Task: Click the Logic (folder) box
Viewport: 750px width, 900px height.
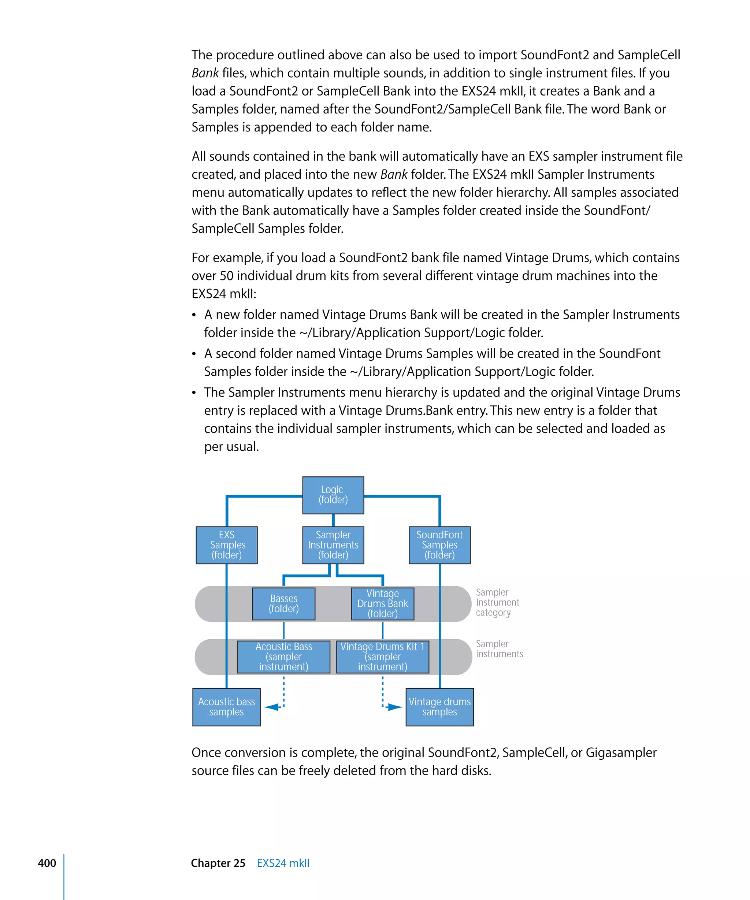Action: [x=333, y=495]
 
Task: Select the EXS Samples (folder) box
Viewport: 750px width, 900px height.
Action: [x=227, y=545]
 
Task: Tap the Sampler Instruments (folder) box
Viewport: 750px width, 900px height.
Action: [x=333, y=545]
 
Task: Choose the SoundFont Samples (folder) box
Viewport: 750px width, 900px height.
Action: [x=439, y=545]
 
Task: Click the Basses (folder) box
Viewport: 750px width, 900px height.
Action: [x=284, y=603]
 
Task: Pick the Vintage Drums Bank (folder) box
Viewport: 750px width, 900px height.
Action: [x=382, y=603]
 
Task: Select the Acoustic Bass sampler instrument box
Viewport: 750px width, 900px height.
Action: [x=284, y=657]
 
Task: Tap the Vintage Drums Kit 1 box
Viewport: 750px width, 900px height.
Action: [x=382, y=657]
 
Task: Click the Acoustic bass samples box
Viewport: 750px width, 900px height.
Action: [x=226, y=707]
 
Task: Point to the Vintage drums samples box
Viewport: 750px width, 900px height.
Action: [x=439, y=707]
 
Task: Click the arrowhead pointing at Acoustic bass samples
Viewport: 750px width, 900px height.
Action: [x=271, y=707]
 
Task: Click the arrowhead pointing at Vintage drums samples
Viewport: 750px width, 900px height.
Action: [x=395, y=707]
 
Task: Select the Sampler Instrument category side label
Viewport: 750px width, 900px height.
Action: [x=497, y=602]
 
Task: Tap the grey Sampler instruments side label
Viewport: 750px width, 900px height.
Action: [x=499, y=649]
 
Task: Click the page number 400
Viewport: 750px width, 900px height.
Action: [x=47, y=863]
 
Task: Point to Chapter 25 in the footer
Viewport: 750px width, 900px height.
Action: [x=218, y=863]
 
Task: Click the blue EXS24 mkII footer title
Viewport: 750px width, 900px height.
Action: [x=283, y=863]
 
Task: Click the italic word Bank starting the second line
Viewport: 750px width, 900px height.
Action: [x=205, y=73]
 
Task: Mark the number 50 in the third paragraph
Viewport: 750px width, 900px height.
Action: [x=226, y=276]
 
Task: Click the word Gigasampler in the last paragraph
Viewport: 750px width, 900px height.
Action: [x=621, y=752]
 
